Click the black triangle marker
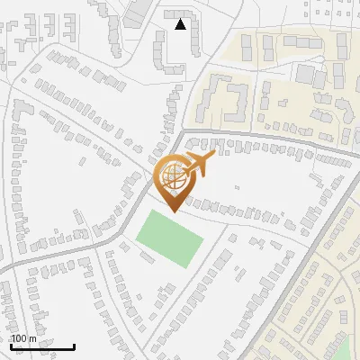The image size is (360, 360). coord(181,24)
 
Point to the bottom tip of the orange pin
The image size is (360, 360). coord(173,212)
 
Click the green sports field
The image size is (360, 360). coord(169,238)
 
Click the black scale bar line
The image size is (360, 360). coord(42,346)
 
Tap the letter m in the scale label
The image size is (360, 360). coord(33,338)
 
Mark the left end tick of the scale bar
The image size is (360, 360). coord(11,345)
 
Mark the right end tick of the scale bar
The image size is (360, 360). coord(74,345)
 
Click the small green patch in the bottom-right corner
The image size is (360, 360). coord(346,349)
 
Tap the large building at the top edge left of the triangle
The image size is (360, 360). coord(137,11)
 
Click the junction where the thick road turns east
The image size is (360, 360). coord(183,135)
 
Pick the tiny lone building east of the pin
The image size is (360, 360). coord(236,188)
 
